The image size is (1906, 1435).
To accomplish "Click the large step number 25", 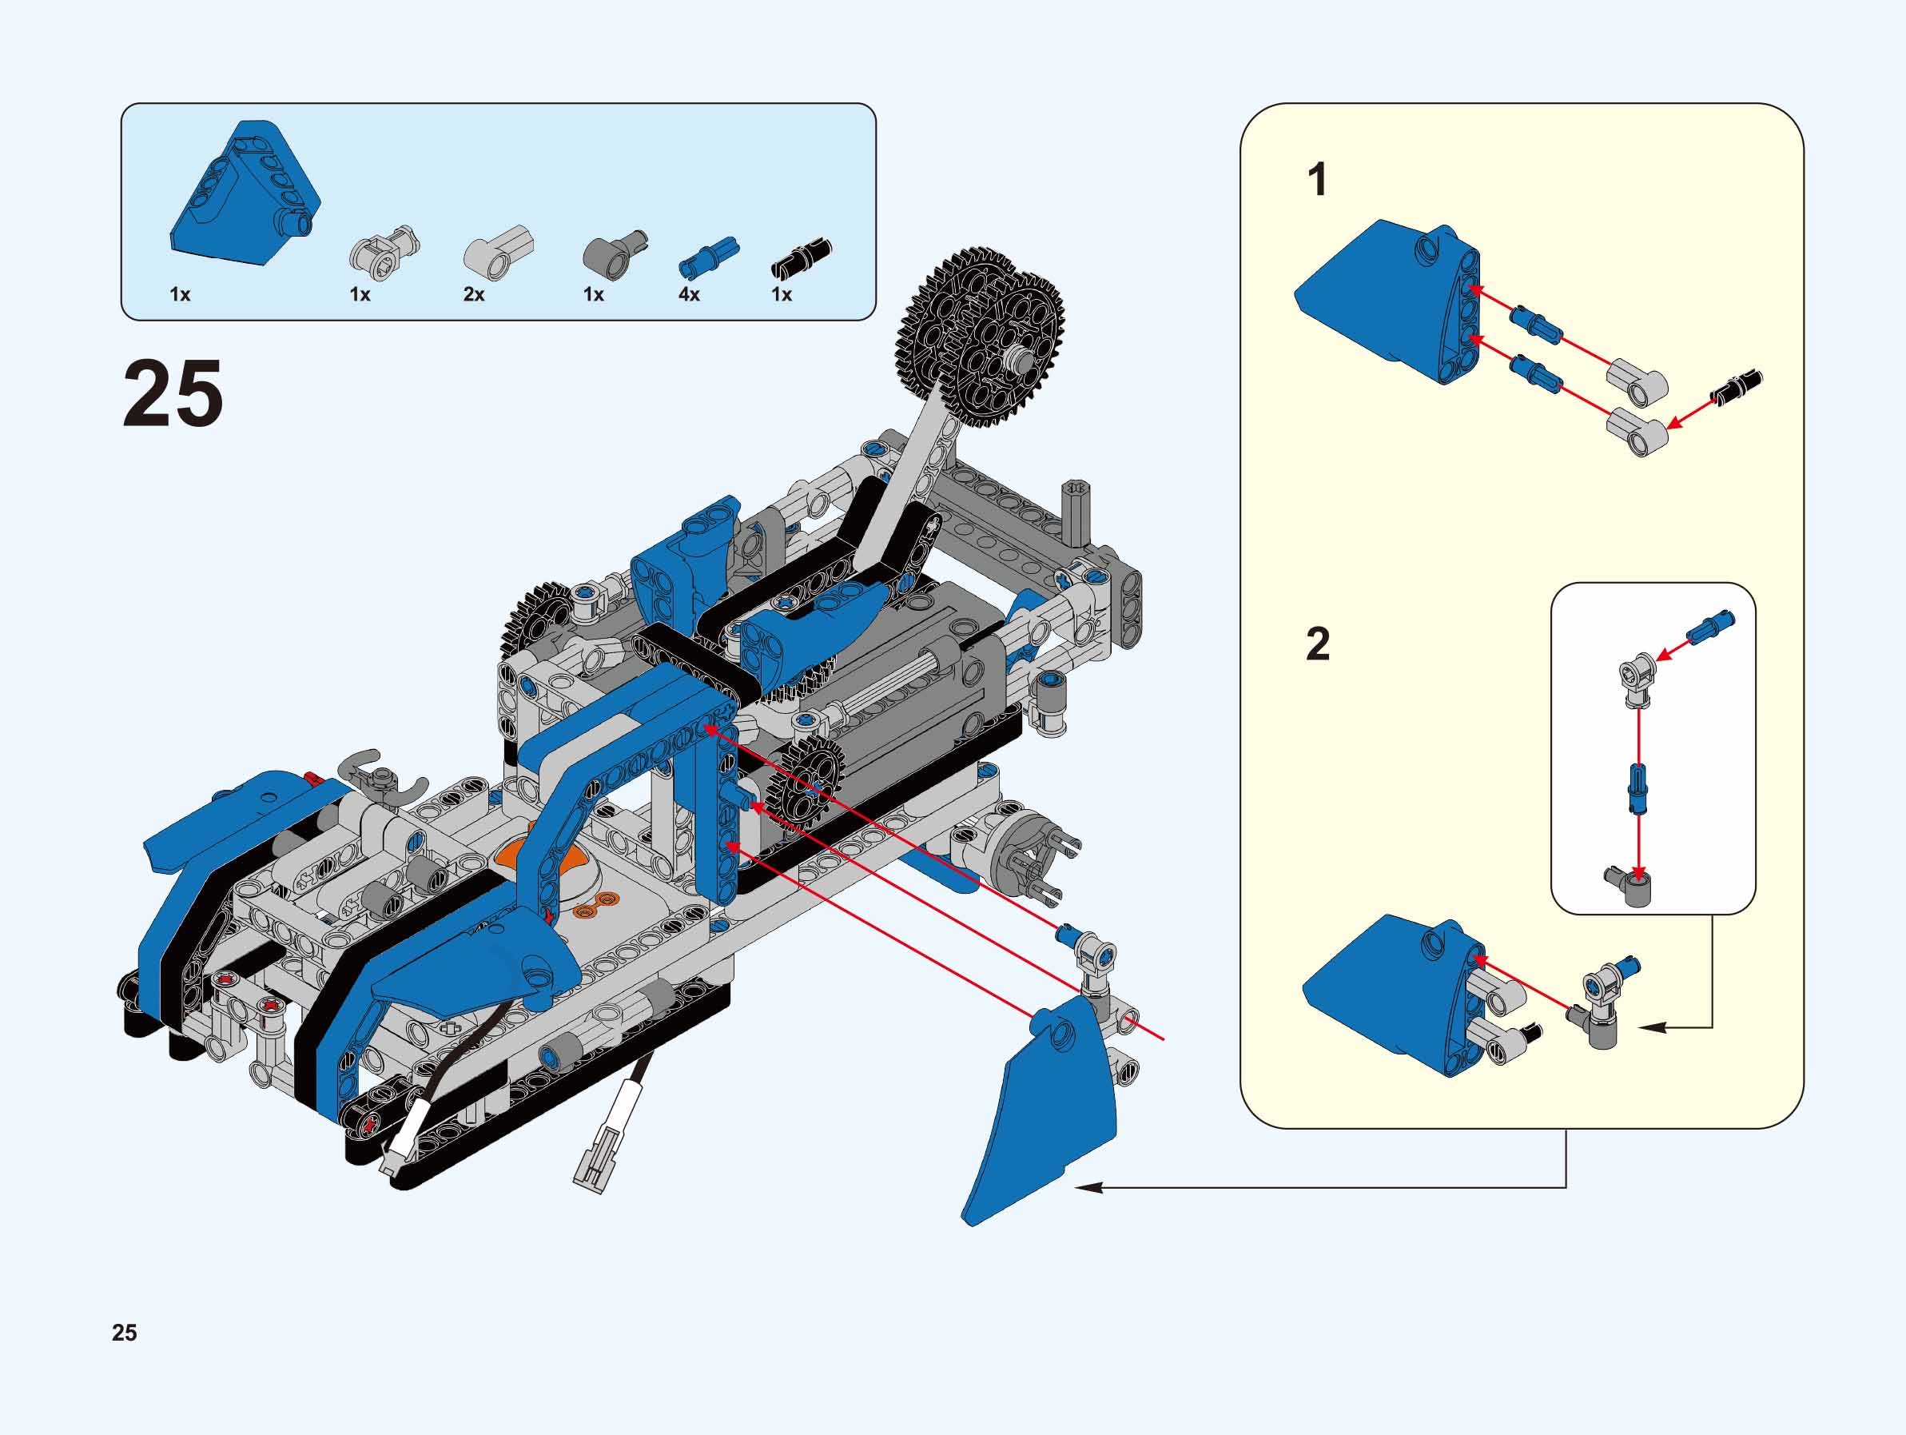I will point(173,394).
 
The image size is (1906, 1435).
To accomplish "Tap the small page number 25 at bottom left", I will point(124,1333).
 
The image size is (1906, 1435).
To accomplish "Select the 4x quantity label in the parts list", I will point(688,295).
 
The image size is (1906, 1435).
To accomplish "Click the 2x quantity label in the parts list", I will point(474,295).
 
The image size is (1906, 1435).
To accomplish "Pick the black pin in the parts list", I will point(802,258).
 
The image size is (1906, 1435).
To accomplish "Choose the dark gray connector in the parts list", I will point(614,253).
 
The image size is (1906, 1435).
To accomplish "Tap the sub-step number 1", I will point(1318,181).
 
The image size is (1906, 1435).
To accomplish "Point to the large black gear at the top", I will point(982,336).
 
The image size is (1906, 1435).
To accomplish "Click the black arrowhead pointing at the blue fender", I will point(1088,1188).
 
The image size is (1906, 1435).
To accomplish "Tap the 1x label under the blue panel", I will point(180,295).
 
